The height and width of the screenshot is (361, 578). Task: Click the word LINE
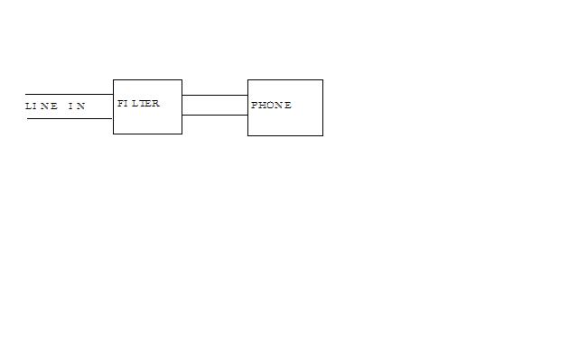click(x=42, y=106)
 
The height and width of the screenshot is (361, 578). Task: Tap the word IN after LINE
click(x=77, y=106)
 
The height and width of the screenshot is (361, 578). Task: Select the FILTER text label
click(x=138, y=104)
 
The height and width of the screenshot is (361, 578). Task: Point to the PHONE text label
click(x=271, y=106)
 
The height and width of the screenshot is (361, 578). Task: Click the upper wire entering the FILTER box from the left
click(x=70, y=94)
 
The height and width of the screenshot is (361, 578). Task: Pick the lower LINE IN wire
click(x=70, y=118)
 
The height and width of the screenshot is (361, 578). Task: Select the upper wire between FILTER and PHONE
click(x=215, y=95)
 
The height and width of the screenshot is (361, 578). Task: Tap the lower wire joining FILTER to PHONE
click(x=215, y=115)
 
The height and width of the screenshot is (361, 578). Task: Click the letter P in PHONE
click(x=255, y=106)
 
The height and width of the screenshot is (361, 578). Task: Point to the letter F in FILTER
click(x=120, y=104)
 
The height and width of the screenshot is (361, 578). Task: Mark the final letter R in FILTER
click(x=156, y=104)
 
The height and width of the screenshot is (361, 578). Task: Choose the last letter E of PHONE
click(x=288, y=106)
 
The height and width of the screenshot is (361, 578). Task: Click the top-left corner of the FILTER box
click(x=113, y=79)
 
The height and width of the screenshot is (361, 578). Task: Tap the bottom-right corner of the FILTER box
click(x=182, y=134)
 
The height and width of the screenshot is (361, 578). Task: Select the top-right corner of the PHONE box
click(x=323, y=79)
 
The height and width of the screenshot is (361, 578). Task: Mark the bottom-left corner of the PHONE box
click(x=247, y=135)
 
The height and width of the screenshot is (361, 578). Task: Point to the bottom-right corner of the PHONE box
click(x=323, y=135)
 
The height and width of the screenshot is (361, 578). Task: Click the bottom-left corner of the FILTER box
click(x=113, y=134)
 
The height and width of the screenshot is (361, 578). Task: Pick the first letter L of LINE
click(x=28, y=106)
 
